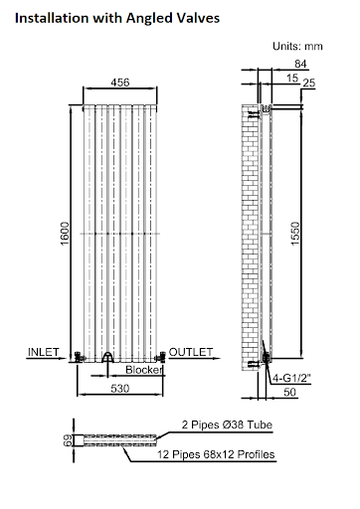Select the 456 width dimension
click(119, 83)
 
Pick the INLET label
click(44, 352)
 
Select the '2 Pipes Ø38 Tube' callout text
click(229, 424)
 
